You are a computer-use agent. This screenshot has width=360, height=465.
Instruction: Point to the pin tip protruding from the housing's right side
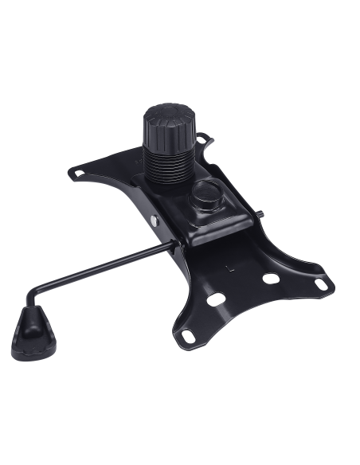point(262,213)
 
